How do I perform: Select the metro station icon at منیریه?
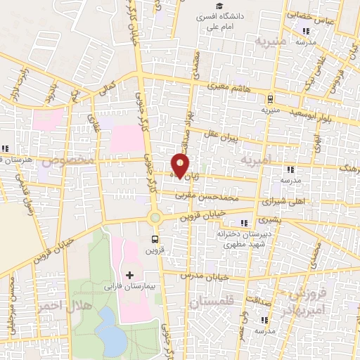[x=271, y=99]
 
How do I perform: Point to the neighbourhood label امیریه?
[x=256, y=161]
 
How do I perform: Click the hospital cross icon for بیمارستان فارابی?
[x=128, y=273]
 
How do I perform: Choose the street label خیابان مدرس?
[x=205, y=276]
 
